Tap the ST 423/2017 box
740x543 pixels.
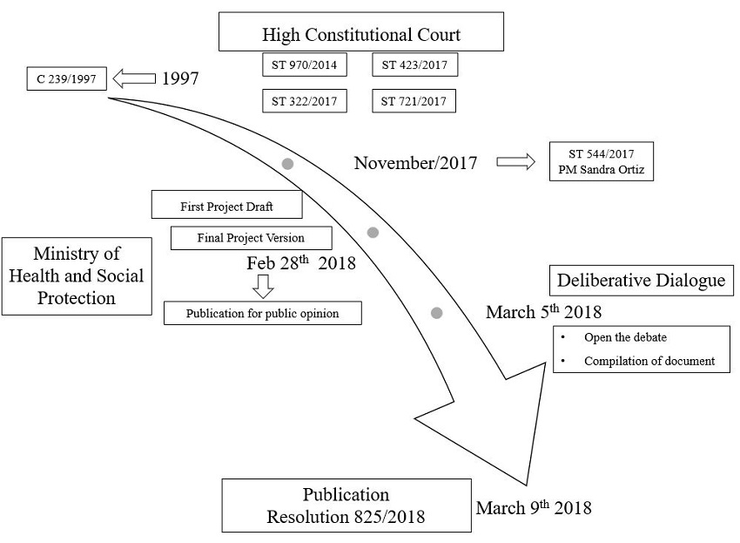tap(414, 64)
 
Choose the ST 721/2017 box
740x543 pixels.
tap(414, 101)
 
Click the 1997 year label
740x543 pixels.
tap(180, 79)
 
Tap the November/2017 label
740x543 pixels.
tap(415, 163)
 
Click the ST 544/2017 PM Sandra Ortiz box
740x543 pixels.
tap(601, 161)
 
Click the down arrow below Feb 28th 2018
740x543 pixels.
tap(262, 285)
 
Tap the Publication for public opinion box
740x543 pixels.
tap(262, 313)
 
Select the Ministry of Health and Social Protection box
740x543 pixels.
tap(76, 275)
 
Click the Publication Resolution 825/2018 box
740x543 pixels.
tap(346, 506)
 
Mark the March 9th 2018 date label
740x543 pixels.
tap(534, 507)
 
